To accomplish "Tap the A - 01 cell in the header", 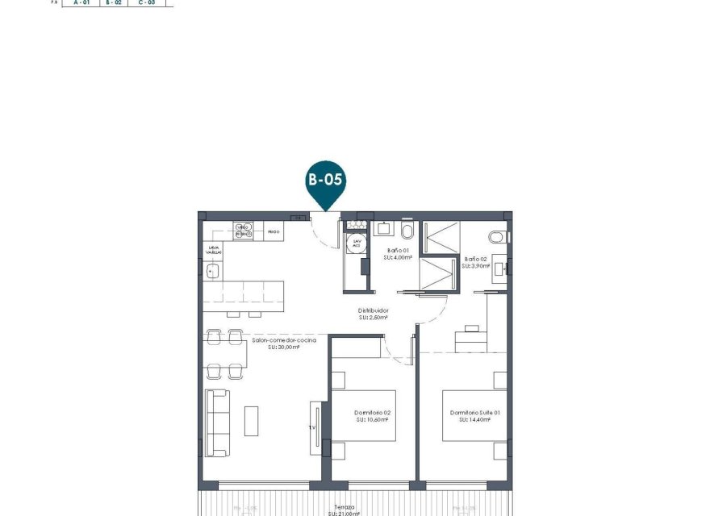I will pyautogui.click(x=81, y=3).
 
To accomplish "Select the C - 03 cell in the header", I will pyautogui.click(x=147, y=3).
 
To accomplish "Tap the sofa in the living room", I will pyautogui.click(x=216, y=422).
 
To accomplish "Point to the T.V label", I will pyautogui.click(x=311, y=428).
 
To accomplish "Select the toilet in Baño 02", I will pyautogui.click(x=499, y=236).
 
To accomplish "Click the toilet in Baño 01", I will pyautogui.click(x=407, y=231).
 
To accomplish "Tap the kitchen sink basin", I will pyautogui.click(x=213, y=272).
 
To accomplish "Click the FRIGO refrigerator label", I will pyautogui.click(x=274, y=232).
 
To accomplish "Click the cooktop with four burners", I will pyautogui.click(x=244, y=231).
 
